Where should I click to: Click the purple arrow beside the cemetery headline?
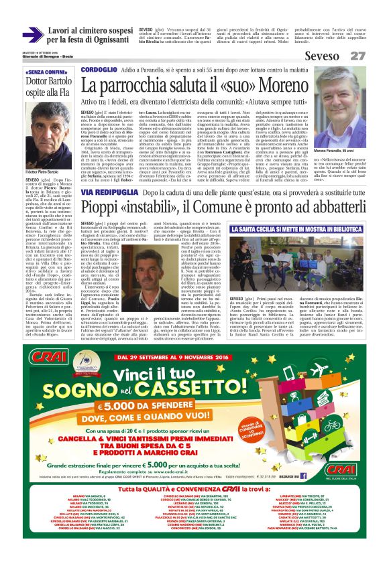(33, 33)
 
